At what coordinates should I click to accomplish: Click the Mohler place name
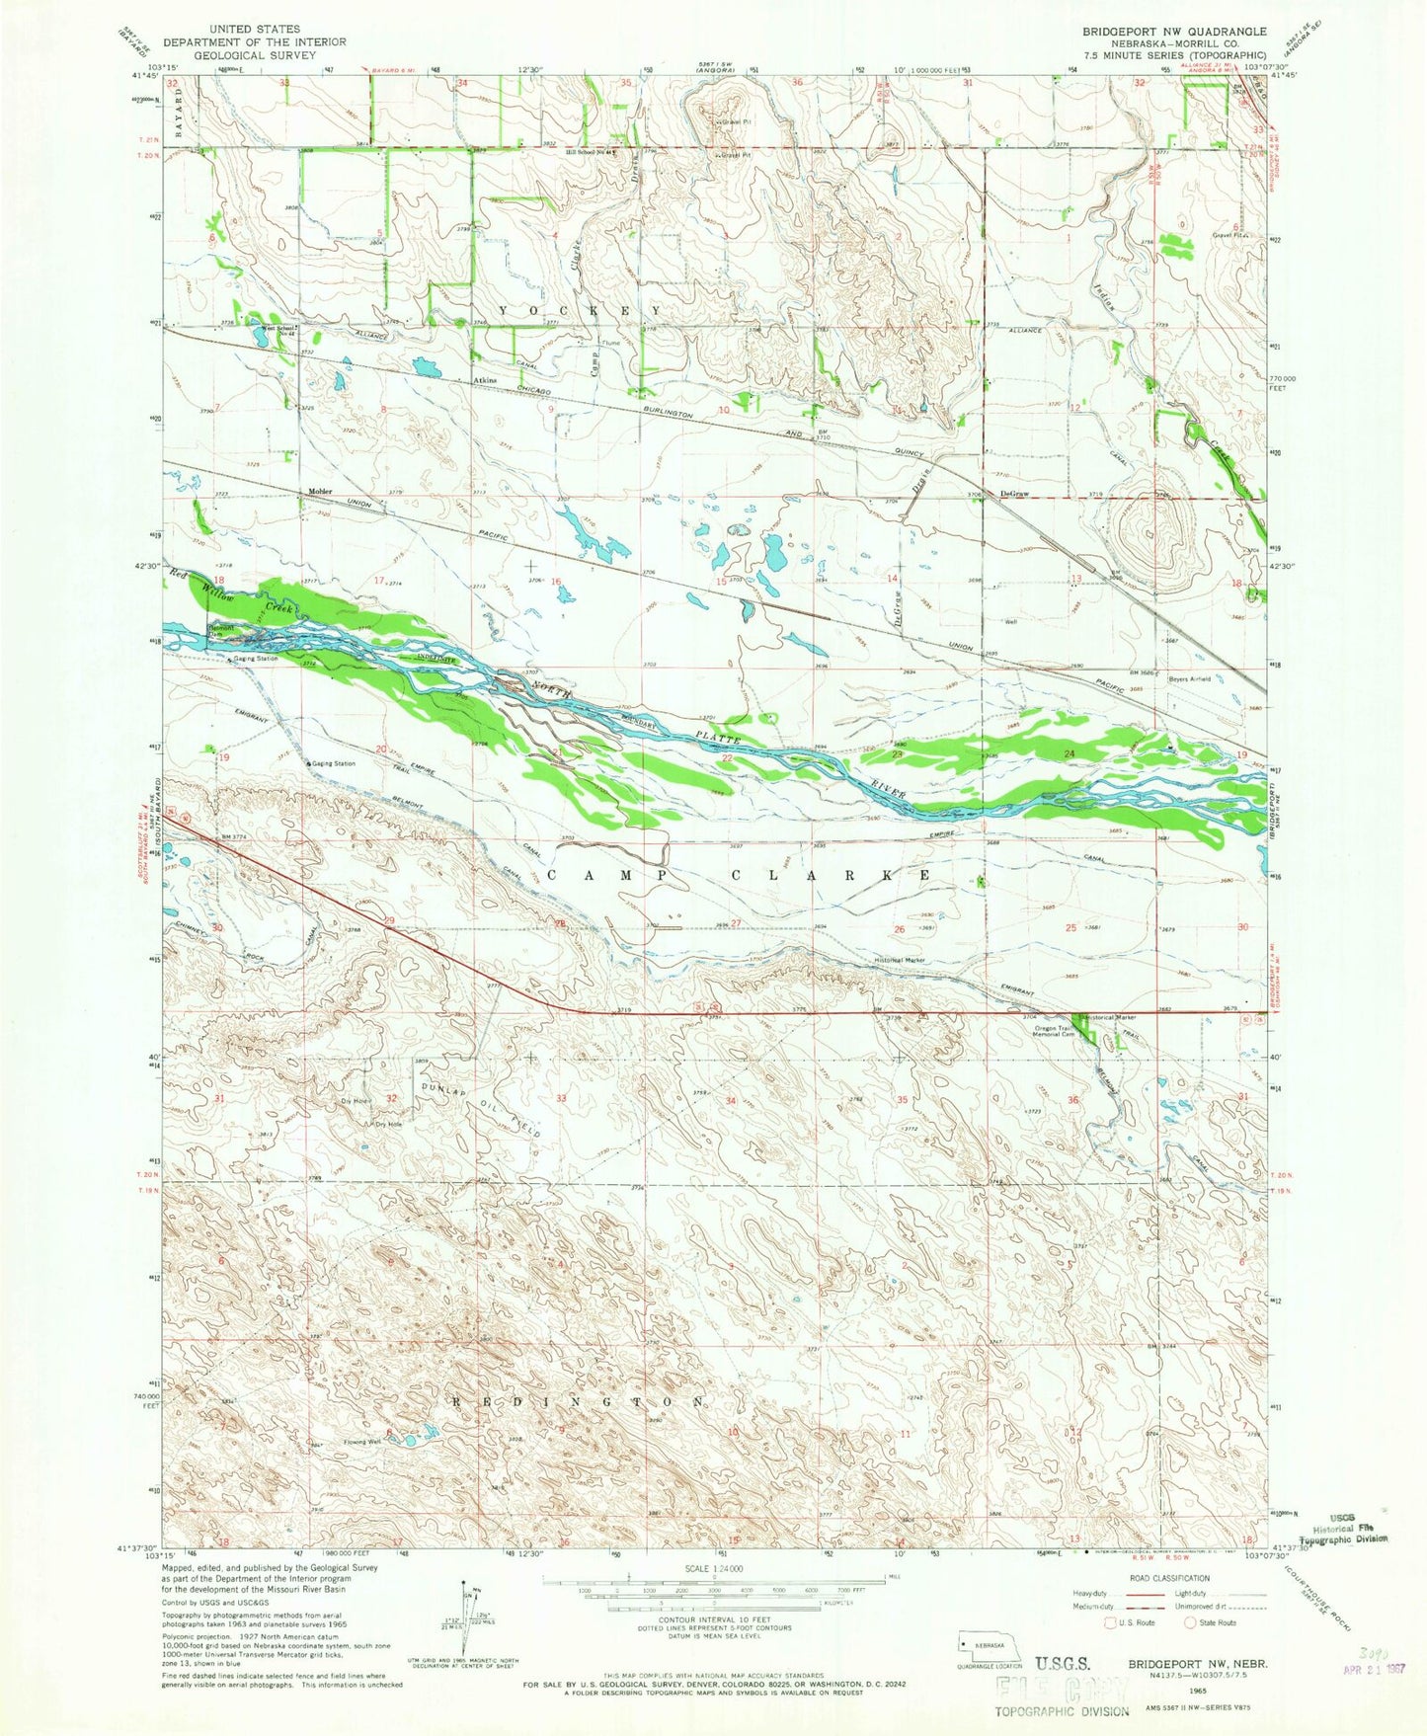pos(318,492)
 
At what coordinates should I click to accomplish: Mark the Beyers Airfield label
pos(1191,678)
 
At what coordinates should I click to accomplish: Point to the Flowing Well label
pos(361,1442)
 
